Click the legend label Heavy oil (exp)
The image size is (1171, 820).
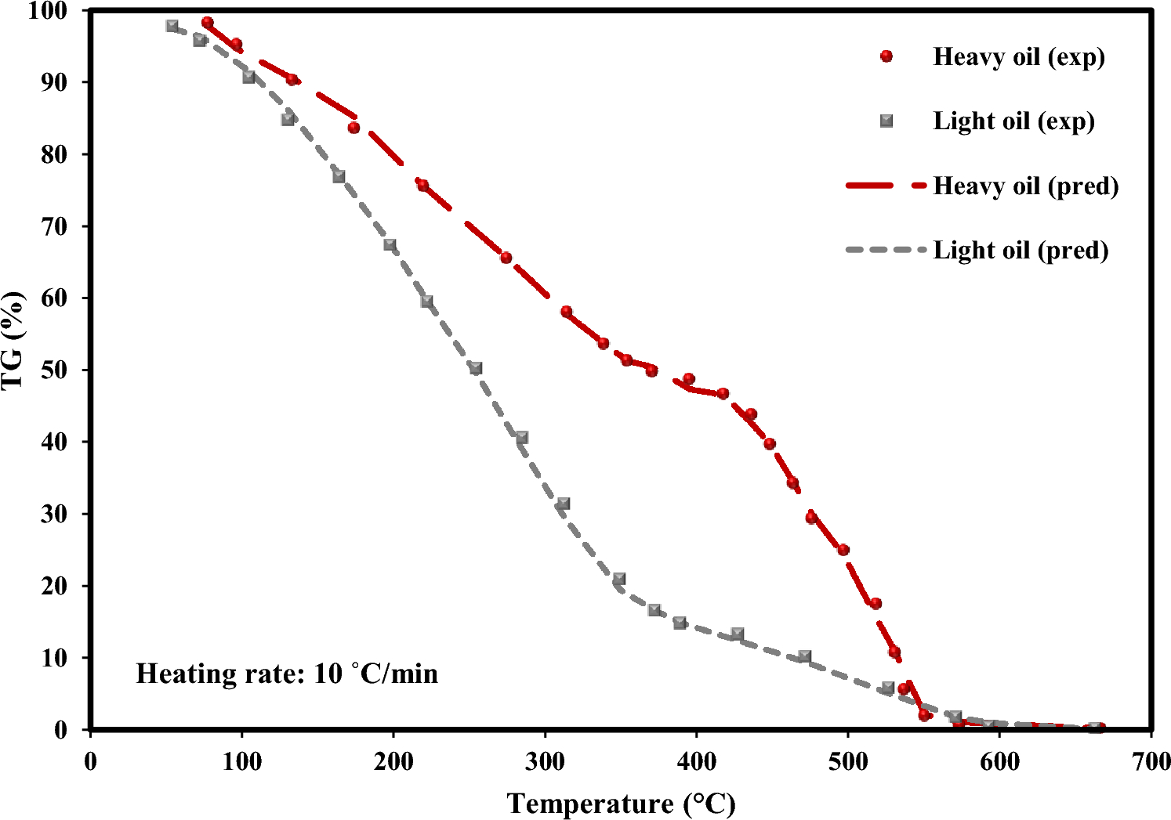click(1018, 57)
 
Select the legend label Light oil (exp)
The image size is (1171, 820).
click(1013, 121)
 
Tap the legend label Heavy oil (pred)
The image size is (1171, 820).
click(1025, 186)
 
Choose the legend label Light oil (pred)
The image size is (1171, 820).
click(1021, 251)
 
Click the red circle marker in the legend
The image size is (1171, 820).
click(886, 56)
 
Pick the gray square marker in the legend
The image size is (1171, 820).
click(886, 121)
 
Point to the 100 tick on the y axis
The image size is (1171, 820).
click(54, 11)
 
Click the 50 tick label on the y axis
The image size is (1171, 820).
click(54, 370)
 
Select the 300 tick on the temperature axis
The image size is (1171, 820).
click(544, 761)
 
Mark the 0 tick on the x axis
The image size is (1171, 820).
click(91, 761)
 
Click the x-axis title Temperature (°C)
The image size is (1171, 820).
click(621, 804)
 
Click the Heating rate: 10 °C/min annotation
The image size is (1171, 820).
click(287, 674)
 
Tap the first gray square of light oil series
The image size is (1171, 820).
click(172, 26)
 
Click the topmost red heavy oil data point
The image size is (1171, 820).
click(207, 23)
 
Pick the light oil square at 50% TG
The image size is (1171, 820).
click(475, 368)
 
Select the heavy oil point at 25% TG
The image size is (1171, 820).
click(843, 550)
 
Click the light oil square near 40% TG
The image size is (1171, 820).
click(522, 438)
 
